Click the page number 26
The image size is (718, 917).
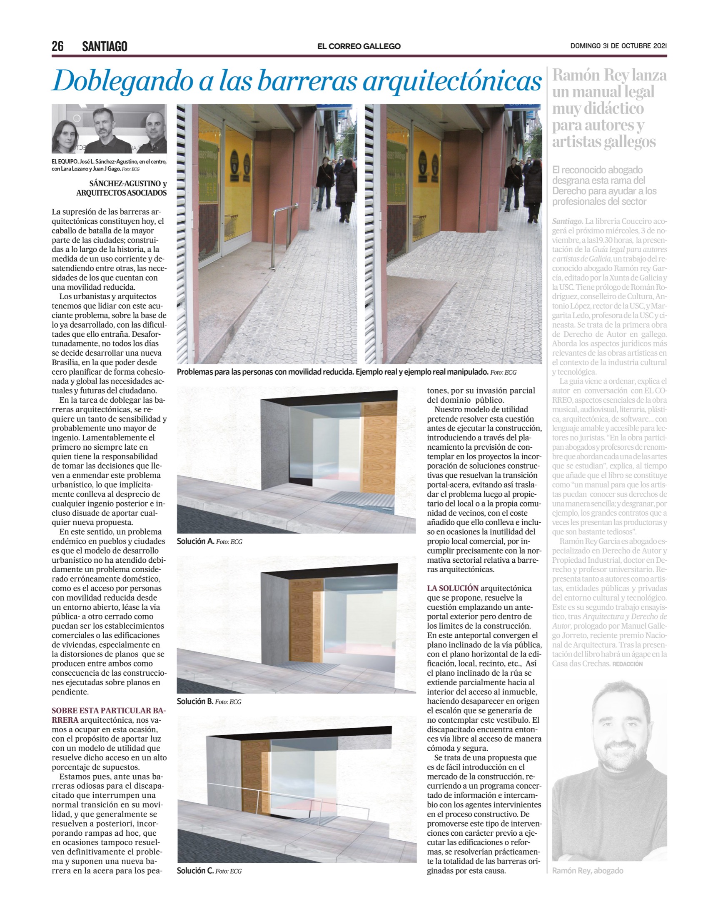point(57,46)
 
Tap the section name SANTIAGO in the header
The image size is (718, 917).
point(105,46)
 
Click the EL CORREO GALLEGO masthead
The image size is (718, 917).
point(359,46)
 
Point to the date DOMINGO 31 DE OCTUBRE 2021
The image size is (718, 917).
point(618,46)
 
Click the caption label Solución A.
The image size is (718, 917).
point(195,541)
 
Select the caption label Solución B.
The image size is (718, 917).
point(195,701)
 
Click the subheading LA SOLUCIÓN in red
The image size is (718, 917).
point(453,588)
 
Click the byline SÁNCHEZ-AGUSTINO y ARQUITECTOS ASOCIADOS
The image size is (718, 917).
point(122,188)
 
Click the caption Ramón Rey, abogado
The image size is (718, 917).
point(587,871)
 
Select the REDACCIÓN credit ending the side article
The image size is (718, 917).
point(628,664)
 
